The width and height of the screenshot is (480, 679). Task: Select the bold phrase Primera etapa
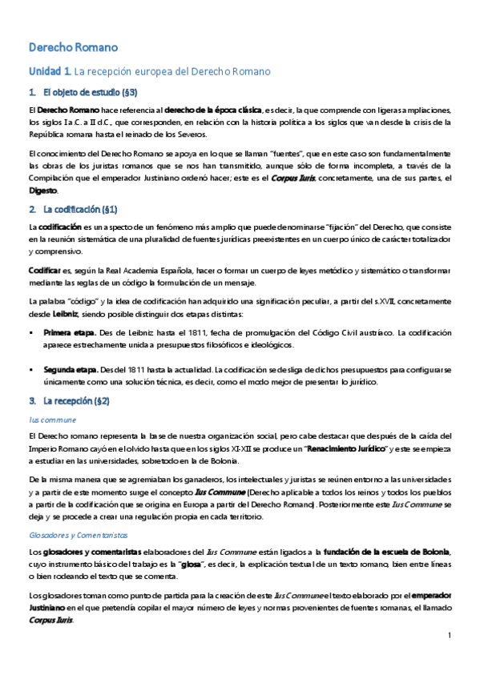tap(70, 332)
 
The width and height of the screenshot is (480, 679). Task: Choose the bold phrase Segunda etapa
tap(71, 370)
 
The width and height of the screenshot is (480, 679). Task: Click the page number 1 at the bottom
tap(451, 636)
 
